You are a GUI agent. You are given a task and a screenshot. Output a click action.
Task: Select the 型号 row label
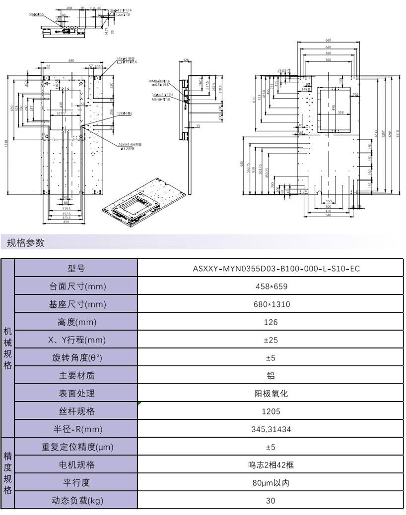click(76, 269)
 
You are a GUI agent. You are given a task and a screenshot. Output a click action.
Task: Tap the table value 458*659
click(271, 286)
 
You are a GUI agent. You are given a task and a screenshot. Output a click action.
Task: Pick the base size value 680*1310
click(271, 304)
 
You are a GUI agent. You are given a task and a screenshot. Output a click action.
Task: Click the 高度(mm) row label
click(76, 322)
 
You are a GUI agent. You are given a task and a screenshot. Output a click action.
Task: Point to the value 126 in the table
click(271, 322)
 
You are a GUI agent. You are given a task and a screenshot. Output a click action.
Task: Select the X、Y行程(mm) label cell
click(76, 340)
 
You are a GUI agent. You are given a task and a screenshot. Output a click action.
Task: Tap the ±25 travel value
click(271, 340)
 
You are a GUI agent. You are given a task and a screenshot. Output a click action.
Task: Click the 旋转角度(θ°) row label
click(76, 358)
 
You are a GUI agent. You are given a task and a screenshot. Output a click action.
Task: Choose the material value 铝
click(271, 376)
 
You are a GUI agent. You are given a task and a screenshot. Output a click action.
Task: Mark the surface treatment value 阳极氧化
click(271, 394)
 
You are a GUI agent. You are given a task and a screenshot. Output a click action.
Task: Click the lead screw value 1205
click(271, 411)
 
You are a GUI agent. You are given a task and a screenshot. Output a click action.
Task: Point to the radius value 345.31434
click(271, 429)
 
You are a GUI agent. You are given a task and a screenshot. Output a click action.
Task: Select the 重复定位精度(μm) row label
click(76, 447)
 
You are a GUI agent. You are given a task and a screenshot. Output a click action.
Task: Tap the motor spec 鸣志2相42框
click(271, 465)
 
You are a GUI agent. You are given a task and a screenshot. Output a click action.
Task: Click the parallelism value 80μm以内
click(271, 483)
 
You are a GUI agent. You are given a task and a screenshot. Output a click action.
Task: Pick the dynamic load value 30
click(271, 501)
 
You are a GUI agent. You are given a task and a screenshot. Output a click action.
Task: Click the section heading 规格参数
click(26, 243)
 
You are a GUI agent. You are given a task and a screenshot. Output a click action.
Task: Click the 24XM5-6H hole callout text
click(131, 144)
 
